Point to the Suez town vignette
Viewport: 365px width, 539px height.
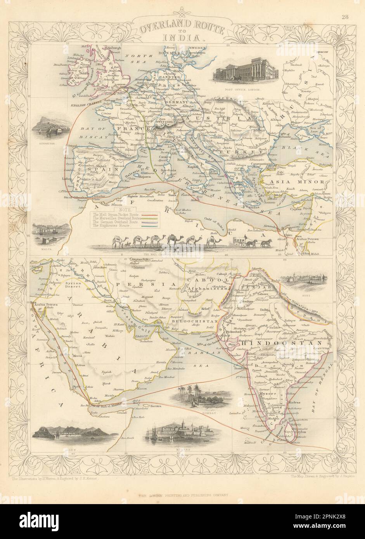pos(303,278)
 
